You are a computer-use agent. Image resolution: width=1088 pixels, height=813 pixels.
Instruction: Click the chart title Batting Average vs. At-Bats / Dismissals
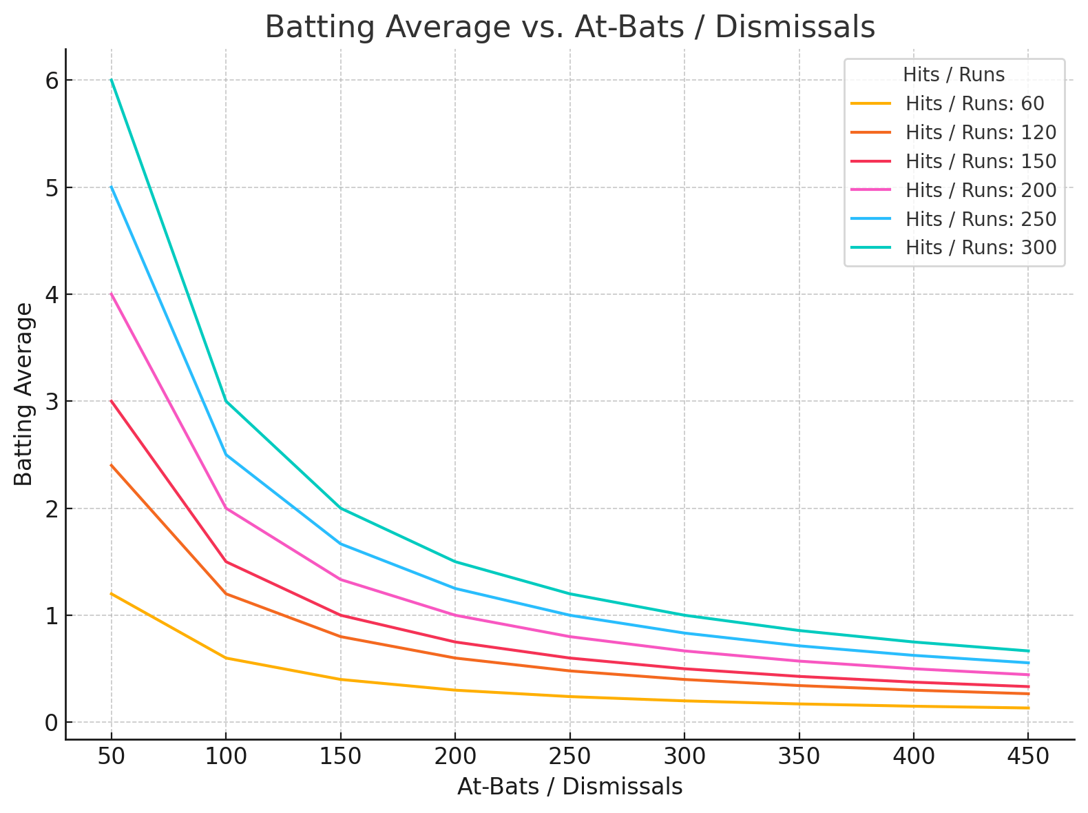(569, 28)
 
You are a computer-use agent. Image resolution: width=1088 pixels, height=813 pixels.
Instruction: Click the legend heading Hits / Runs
(954, 74)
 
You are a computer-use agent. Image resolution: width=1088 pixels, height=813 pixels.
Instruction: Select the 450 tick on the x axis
(1027, 757)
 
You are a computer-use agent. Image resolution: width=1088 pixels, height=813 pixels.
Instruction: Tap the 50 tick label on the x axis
(112, 757)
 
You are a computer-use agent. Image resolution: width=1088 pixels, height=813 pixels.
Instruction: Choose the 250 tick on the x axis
(569, 757)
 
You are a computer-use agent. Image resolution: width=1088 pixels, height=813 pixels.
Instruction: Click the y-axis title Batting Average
(24, 394)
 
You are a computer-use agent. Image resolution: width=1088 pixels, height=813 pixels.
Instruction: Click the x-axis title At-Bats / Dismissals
(569, 787)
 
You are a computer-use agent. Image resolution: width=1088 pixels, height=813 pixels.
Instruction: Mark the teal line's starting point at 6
(112, 80)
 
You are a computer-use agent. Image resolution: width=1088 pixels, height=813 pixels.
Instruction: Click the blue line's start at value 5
(112, 187)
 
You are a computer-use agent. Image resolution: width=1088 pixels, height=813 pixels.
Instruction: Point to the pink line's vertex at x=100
(226, 508)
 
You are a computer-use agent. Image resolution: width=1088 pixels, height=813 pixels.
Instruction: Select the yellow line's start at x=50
(112, 593)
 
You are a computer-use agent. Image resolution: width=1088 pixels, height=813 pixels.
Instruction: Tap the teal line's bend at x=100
(226, 401)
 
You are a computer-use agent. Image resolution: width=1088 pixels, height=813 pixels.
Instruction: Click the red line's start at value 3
(112, 401)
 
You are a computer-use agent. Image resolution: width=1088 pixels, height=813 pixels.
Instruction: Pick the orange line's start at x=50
(112, 465)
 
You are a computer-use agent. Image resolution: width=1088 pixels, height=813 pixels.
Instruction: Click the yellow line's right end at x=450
(1027, 708)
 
